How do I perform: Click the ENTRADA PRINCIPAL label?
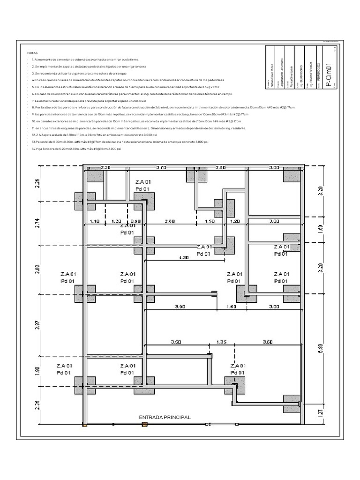(165, 417)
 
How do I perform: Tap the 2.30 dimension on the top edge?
(105, 167)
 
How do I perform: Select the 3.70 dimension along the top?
(161, 167)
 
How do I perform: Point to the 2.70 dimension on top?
(221, 167)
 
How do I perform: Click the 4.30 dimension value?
(184, 257)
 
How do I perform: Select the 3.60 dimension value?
(268, 342)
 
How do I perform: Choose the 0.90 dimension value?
(135, 221)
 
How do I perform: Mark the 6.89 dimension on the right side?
(320, 348)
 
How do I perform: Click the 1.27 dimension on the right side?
(320, 413)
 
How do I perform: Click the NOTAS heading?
(33, 53)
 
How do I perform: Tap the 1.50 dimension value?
(210, 221)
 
